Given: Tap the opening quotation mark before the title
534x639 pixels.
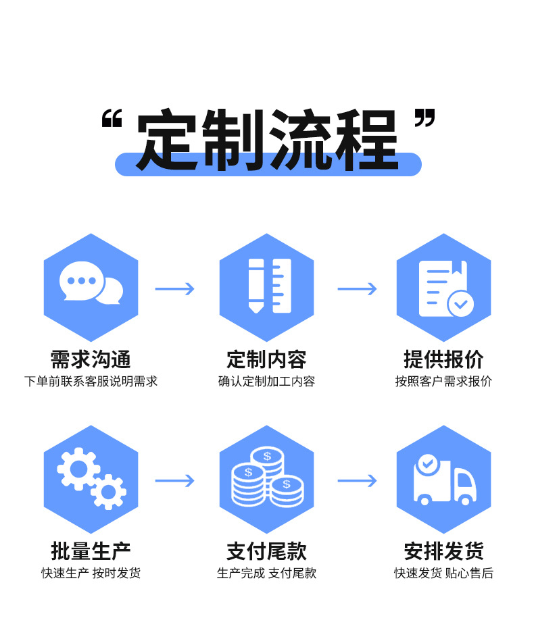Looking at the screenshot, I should pyautogui.click(x=112, y=121).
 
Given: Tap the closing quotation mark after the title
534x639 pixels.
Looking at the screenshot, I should pyautogui.click(x=423, y=120).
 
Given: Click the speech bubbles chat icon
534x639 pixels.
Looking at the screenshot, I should pyautogui.click(x=91, y=282).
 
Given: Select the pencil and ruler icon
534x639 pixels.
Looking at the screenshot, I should pyautogui.click(x=267, y=286).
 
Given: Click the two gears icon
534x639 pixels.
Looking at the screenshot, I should pyautogui.click(x=91, y=478).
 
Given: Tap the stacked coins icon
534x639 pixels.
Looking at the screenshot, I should pyautogui.click(x=267, y=477).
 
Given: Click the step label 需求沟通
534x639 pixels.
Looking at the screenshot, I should pyautogui.click(x=91, y=359).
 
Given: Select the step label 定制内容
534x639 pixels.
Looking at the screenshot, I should pyautogui.click(x=267, y=359).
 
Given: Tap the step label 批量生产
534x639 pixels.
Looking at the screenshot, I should pyautogui.click(x=91, y=551).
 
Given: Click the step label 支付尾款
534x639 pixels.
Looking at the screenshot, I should pyautogui.click(x=267, y=551).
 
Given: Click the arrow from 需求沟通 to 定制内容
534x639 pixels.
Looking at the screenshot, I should pyautogui.click(x=174, y=289).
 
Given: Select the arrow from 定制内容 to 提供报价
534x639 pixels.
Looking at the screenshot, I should pyautogui.click(x=357, y=289).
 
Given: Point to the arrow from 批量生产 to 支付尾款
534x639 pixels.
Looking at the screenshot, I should pyautogui.click(x=174, y=481).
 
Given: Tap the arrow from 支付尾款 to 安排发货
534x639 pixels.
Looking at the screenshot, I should pyautogui.click(x=357, y=481).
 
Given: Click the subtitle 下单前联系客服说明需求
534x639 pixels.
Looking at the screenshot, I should pyautogui.click(x=91, y=382).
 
